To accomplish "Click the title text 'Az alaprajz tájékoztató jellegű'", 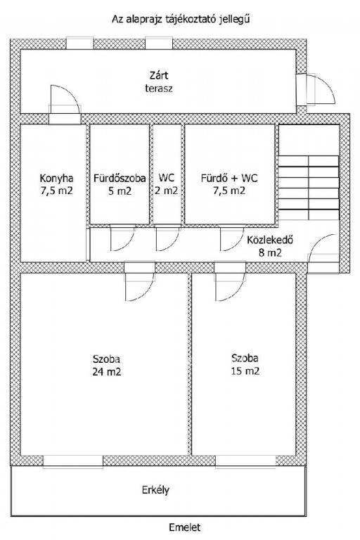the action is [181, 19].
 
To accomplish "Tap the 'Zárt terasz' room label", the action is [159, 82].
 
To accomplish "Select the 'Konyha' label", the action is [56, 179].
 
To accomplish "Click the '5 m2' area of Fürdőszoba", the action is [120, 191].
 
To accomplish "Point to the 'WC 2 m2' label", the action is [166, 184].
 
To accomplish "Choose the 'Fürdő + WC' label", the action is [229, 178].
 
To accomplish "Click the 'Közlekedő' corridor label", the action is [270, 240].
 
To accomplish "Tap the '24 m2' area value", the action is [106, 371].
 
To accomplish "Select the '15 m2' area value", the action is [245, 371].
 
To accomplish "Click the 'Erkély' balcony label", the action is [155, 490].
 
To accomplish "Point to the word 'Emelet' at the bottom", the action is [185, 527].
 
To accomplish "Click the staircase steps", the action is [309, 188].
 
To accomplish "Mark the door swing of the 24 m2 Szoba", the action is [140, 287].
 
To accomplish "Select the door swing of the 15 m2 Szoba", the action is [230, 287].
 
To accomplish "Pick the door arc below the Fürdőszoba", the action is [122, 238].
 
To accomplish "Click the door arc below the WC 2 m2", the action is [168, 238].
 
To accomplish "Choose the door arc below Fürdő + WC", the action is [232, 238].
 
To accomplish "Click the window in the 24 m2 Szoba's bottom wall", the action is [73, 461].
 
